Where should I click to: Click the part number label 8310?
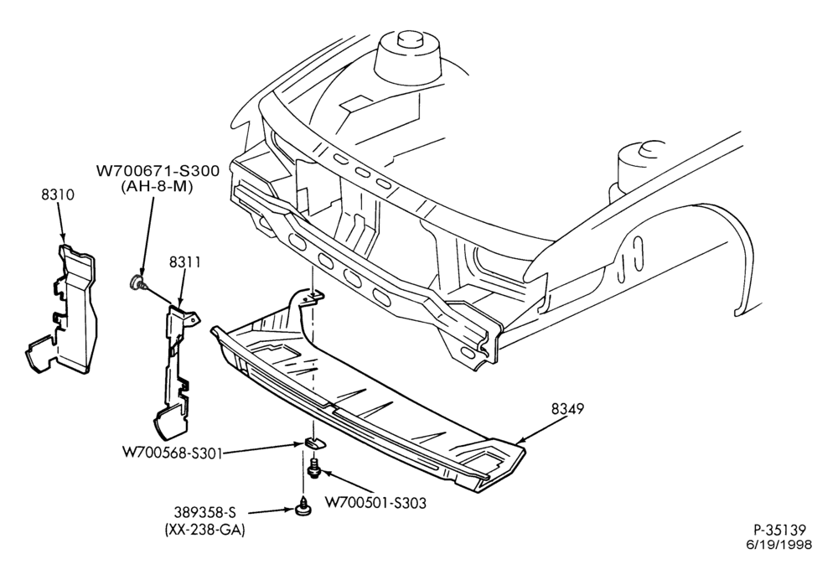tap(58, 195)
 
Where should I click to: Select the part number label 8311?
tap(185, 262)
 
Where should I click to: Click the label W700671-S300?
tap(158, 171)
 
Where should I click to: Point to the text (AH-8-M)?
tap(158, 187)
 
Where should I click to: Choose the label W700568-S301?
tap(172, 453)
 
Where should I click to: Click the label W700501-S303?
tap(375, 503)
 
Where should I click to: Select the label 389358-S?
tap(204, 513)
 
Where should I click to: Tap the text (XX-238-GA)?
tap(204, 531)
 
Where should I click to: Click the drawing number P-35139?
tap(779, 530)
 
